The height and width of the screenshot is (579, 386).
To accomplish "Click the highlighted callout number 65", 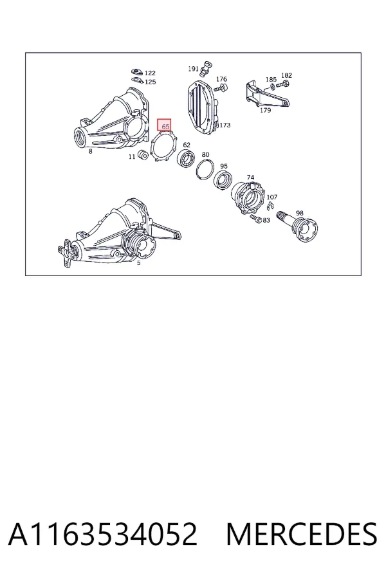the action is [x=165, y=126].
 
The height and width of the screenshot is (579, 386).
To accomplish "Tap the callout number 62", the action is [x=187, y=145].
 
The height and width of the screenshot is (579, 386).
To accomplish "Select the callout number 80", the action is [x=205, y=154].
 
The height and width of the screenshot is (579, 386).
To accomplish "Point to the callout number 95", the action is [x=223, y=166].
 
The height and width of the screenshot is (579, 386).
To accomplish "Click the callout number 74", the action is [x=250, y=178].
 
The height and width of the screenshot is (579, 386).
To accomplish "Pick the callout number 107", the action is [x=272, y=197].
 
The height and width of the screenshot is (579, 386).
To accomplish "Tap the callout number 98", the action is [x=300, y=213].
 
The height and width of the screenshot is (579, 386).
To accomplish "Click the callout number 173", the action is [x=225, y=125].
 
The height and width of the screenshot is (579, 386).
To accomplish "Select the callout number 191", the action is [x=193, y=69].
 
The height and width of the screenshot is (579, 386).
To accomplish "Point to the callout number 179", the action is [x=265, y=109].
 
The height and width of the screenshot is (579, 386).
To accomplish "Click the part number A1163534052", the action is [x=103, y=533].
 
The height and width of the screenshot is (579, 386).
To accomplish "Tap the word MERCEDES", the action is [x=302, y=533].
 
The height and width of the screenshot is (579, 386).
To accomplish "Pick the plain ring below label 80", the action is [x=205, y=169].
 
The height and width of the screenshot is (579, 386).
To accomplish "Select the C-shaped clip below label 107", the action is [x=271, y=206].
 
